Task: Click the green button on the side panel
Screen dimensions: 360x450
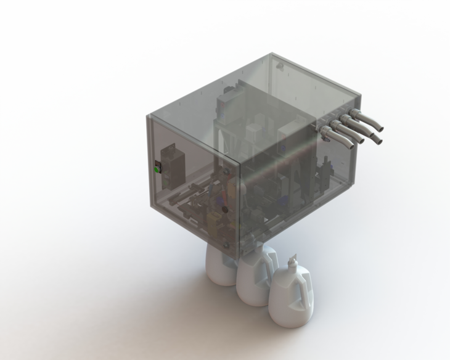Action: [x=156, y=168]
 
